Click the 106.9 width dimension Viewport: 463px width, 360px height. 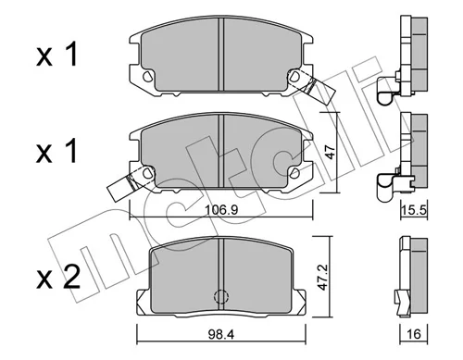(x=221, y=210)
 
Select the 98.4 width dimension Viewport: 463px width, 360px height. (x=220, y=334)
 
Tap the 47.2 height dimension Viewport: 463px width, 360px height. (x=323, y=277)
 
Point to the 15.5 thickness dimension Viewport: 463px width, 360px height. (x=414, y=210)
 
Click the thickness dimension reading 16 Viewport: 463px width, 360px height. (x=414, y=334)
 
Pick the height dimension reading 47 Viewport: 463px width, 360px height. (x=331, y=152)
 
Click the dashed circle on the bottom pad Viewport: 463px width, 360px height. (x=220, y=296)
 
